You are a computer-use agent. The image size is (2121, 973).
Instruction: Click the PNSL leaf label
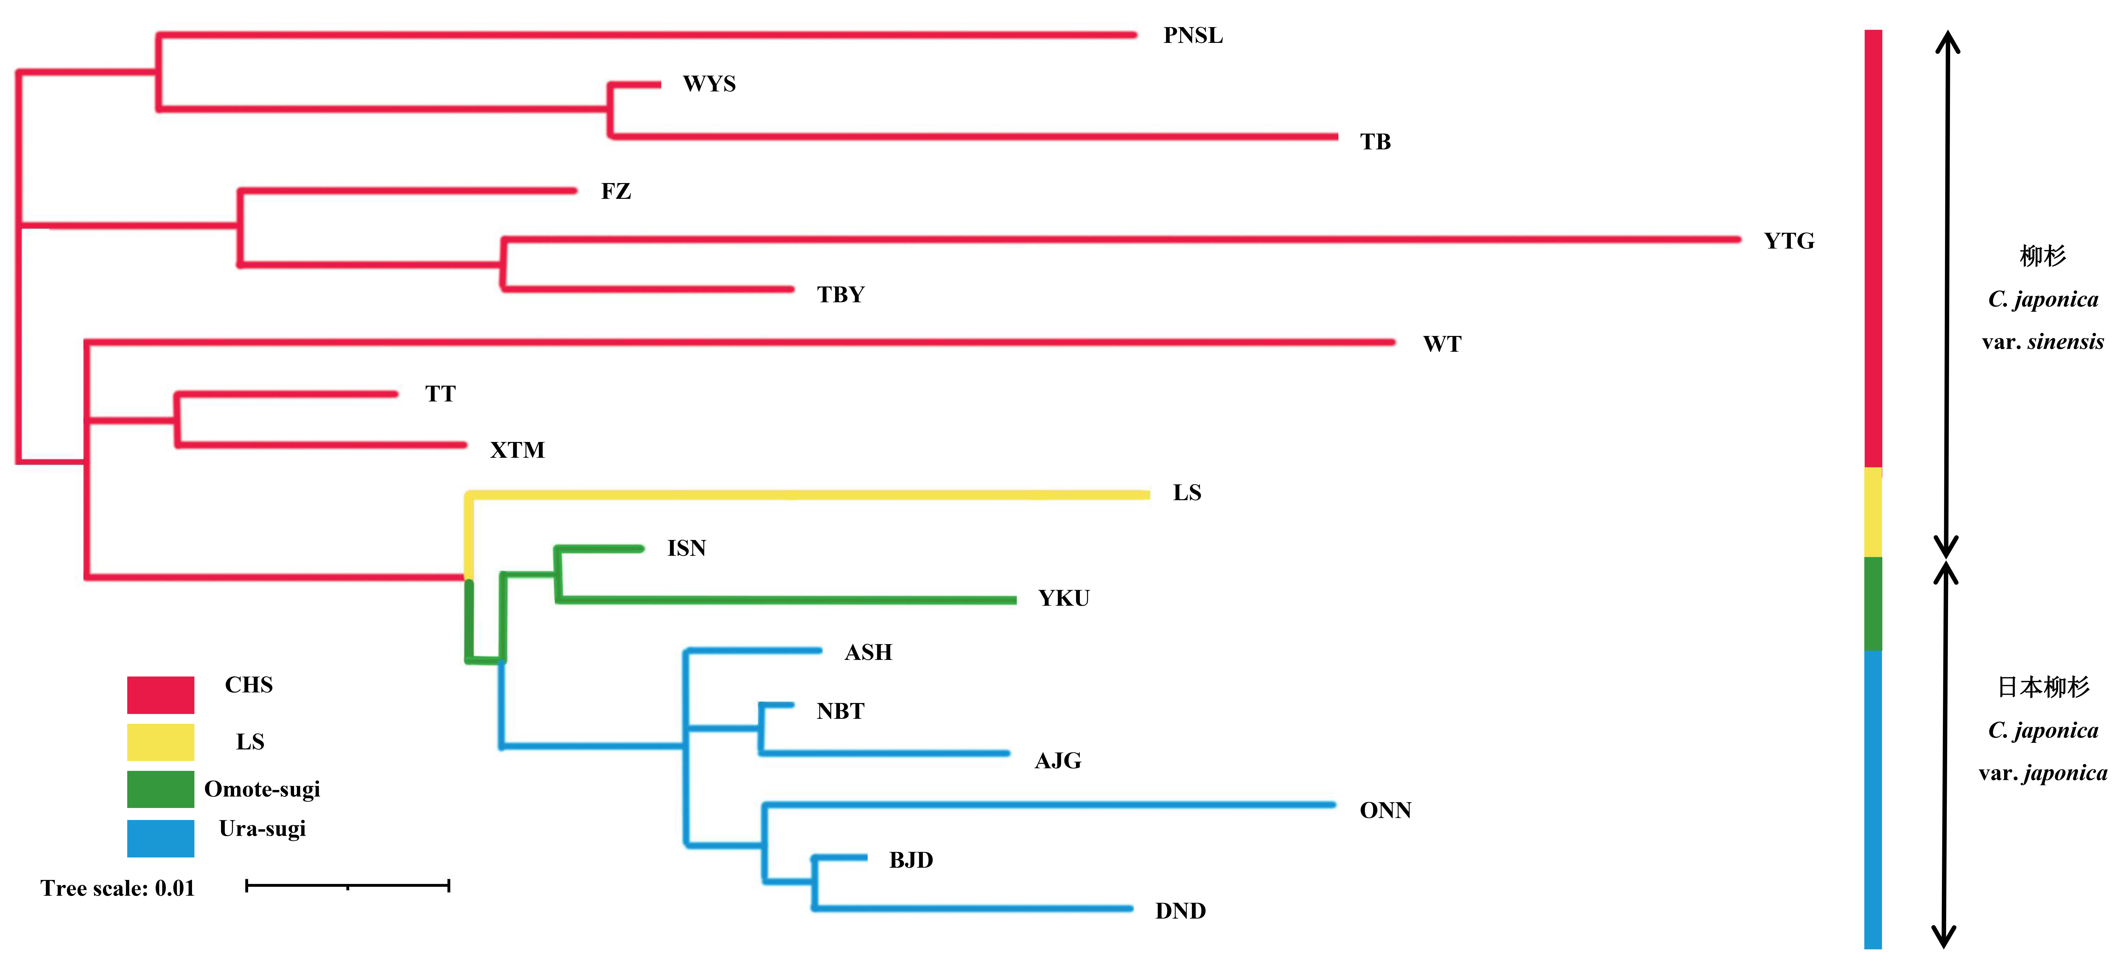coord(1193,35)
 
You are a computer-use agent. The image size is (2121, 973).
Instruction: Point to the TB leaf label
coord(1375,142)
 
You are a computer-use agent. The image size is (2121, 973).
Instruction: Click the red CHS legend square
coord(160,695)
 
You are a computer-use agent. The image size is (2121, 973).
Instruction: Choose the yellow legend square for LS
coord(160,742)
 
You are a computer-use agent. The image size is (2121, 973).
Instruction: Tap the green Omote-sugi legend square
coord(160,789)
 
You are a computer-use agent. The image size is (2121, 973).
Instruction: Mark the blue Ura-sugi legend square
coord(160,838)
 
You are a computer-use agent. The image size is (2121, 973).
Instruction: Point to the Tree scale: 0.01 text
coord(118,888)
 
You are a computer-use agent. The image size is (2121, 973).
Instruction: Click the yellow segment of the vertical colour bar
coord(1873,512)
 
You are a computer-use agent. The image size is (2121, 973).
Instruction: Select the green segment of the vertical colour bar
coord(1873,603)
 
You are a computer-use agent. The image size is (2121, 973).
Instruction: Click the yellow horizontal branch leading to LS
coord(807,495)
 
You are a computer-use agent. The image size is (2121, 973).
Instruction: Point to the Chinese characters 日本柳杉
coord(2043,687)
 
